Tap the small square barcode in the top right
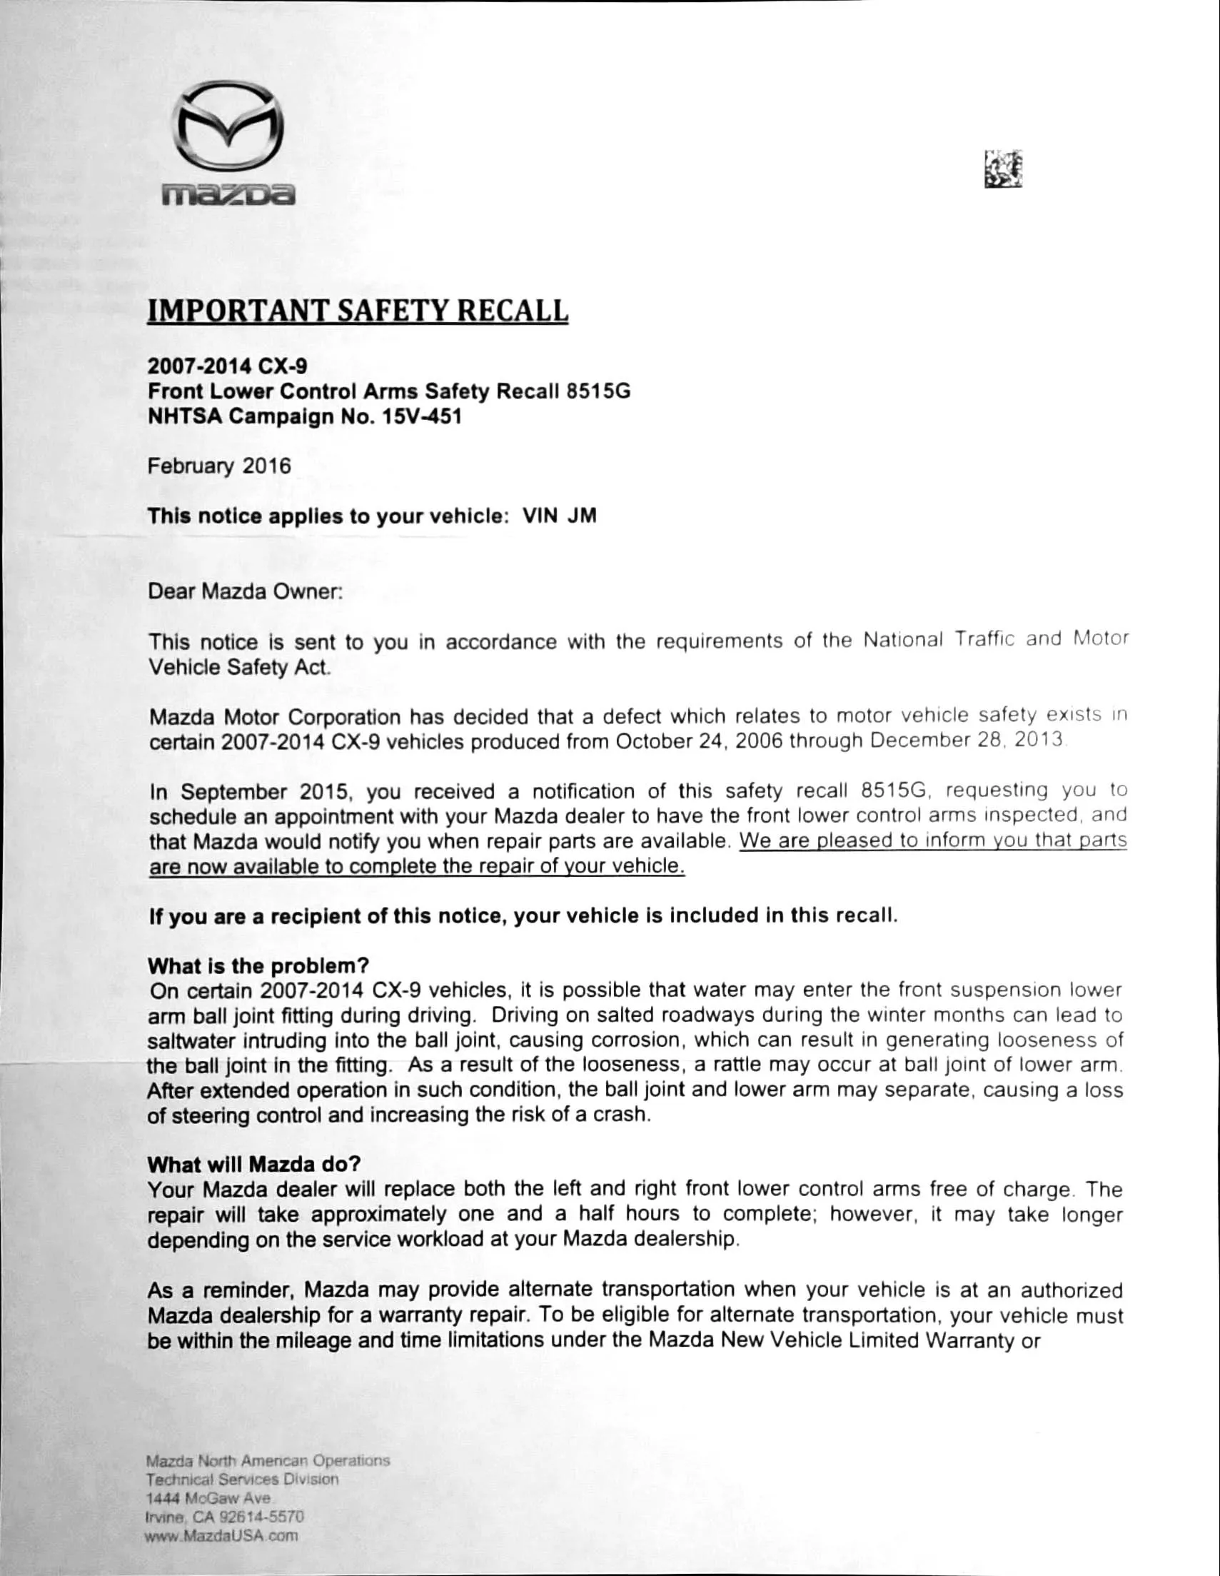[x=1003, y=169]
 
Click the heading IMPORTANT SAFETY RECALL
[x=358, y=311]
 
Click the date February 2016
[x=219, y=466]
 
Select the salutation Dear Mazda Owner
[x=245, y=592]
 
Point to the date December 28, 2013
[x=967, y=741]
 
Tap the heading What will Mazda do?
[x=254, y=1164]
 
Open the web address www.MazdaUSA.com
[x=221, y=1535]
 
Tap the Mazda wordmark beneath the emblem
[x=228, y=194]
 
